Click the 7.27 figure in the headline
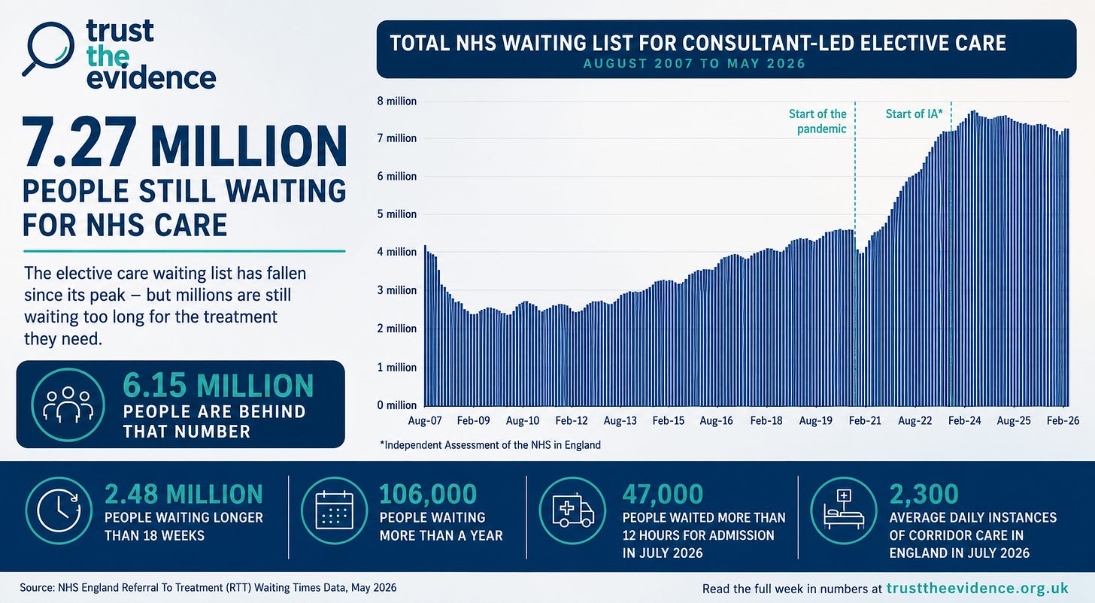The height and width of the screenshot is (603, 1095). [x=79, y=143]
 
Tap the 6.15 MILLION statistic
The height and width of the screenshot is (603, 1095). [x=218, y=386]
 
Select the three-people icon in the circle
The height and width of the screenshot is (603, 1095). [x=68, y=405]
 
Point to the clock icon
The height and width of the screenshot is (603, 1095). [x=59, y=511]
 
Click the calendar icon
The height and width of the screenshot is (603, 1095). [x=335, y=511]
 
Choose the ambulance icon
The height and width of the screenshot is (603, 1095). [x=572, y=511]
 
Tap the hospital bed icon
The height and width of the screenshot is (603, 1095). [x=844, y=511]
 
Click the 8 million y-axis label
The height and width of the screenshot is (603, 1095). [x=397, y=102]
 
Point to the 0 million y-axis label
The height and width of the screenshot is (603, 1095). [x=397, y=405]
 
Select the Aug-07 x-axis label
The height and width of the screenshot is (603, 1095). [x=425, y=421]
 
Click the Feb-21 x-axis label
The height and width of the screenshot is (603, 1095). [x=865, y=421]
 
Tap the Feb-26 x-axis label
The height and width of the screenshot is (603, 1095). [x=1063, y=421]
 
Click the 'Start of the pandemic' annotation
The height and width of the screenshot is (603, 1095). [x=817, y=121]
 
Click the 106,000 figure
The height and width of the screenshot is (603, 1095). [x=428, y=494]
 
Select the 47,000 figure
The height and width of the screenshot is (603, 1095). [x=663, y=494]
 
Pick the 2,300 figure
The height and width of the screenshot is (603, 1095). [x=924, y=494]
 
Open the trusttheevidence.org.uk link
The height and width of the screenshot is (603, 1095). [x=978, y=589]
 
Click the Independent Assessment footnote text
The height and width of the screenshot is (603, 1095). [x=490, y=445]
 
